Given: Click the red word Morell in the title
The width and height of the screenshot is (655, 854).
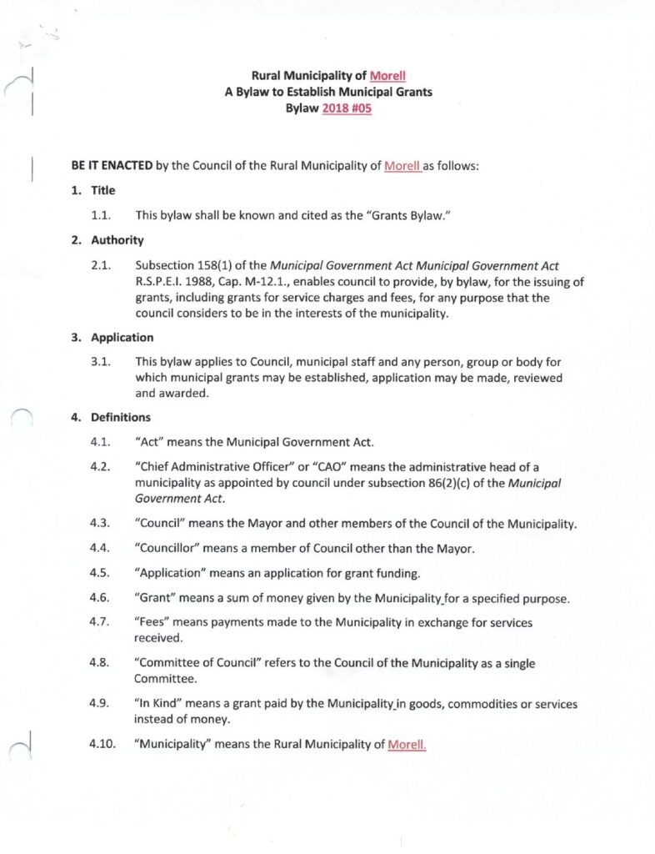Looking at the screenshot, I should (x=387, y=76).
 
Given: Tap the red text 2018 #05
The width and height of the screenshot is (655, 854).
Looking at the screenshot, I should (x=347, y=109).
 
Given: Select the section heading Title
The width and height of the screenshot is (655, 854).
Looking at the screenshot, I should (x=103, y=191).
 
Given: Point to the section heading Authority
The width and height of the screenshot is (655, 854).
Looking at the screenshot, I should (x=117, y=240).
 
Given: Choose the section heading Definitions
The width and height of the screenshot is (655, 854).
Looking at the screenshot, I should (x=121, y=417).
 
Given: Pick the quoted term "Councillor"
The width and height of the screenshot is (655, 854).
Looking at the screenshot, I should (x=167, y=549).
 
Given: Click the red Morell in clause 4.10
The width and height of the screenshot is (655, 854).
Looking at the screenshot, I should (x=407, y=745).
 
